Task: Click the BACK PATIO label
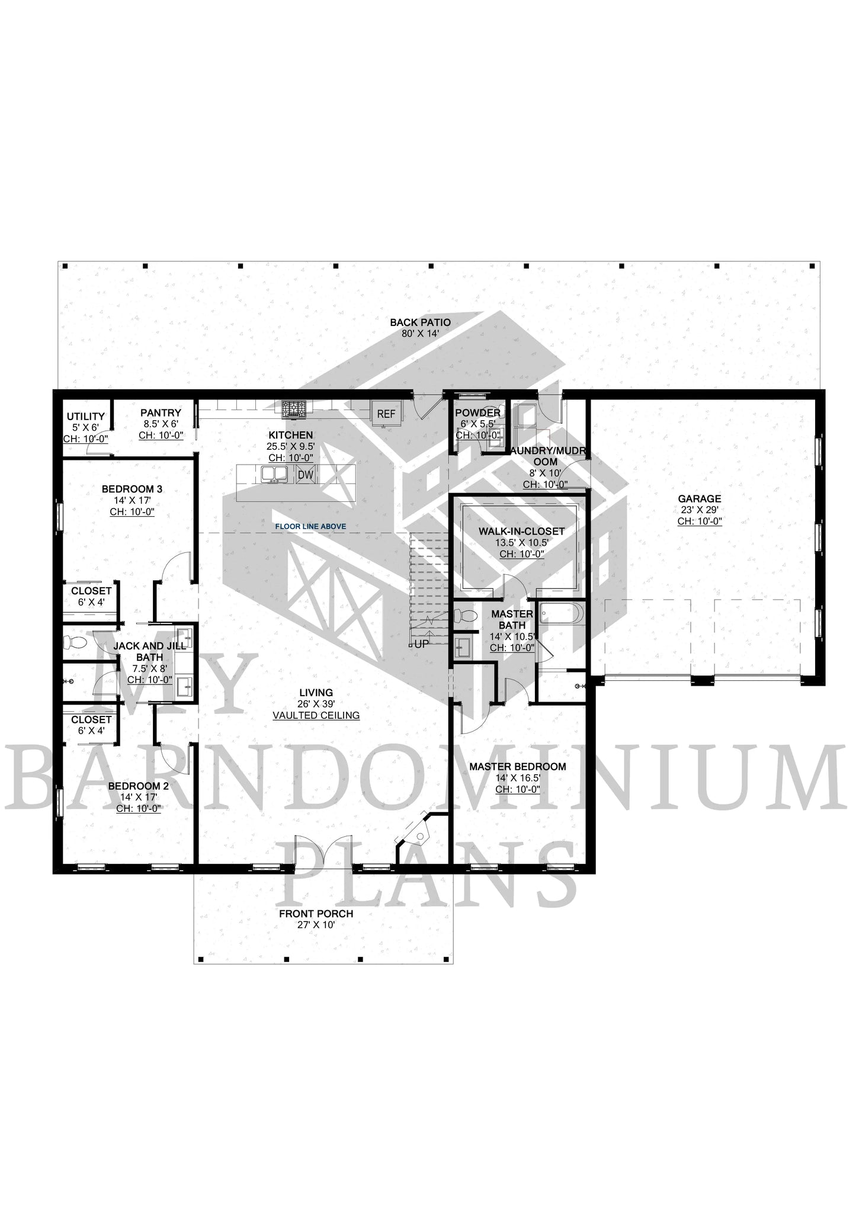click(420, 322)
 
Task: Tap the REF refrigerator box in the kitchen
click(386, 414)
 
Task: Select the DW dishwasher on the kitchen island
click(305, 475)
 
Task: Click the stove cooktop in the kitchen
click(294, 409)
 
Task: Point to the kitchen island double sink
click(274, 474)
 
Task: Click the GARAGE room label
click(700, 499)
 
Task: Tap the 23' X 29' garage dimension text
click(700, 510)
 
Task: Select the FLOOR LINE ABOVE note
click(310, 526)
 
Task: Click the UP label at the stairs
click(421, 644)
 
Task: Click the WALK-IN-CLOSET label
click(522, 532)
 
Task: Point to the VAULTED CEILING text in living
click(316, 715)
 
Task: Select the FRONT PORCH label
click(316, 914)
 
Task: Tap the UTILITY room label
click(85, 417)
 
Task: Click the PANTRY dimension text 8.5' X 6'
click(161, 424)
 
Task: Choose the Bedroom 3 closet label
click(91, 591)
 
